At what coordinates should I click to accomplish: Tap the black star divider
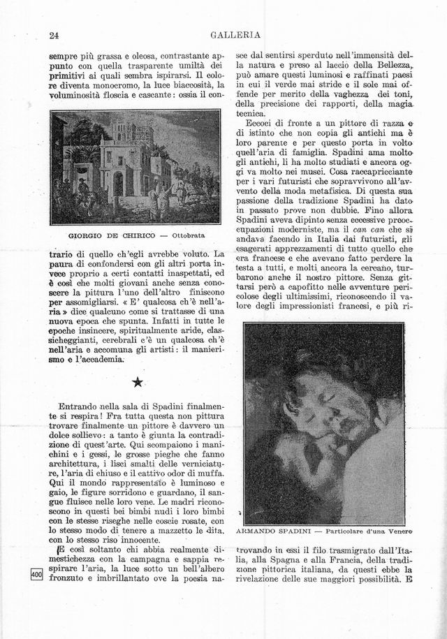point(138,381)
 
